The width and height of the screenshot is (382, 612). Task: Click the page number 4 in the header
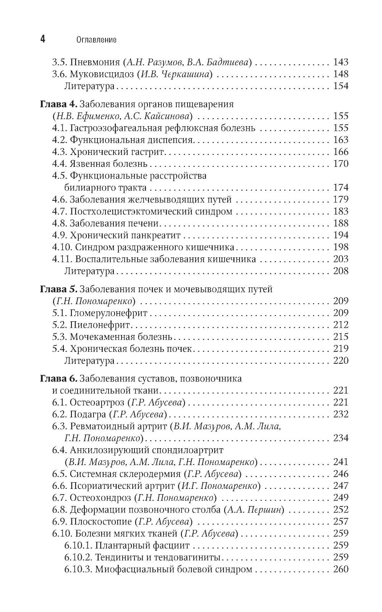pyautogui.click(x=43, y=39)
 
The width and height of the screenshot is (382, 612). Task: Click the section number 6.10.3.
pyautogui.click(x=78, y=569)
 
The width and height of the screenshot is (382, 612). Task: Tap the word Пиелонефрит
pyautogui.click(x=100, y=325)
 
